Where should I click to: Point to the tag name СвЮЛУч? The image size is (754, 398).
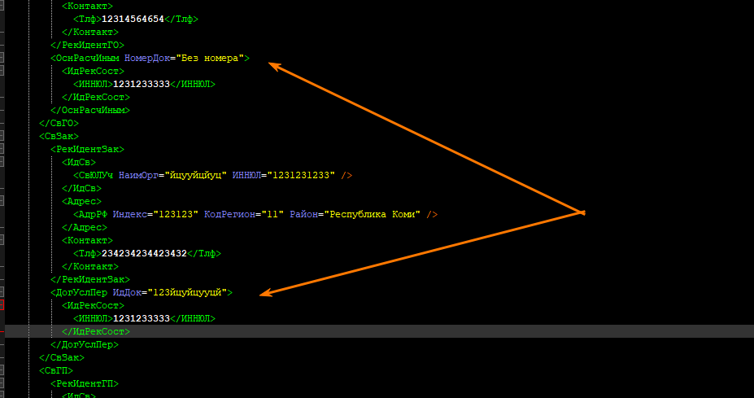click(96, 175)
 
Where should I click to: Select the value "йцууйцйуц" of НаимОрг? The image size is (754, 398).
click(196, 175)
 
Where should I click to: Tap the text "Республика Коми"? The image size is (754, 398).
click(373, 214)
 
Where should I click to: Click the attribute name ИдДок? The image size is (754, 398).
click(129, 292)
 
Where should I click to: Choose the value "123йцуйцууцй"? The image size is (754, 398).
click(190, 292)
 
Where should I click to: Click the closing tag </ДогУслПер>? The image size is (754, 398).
click(84, 344)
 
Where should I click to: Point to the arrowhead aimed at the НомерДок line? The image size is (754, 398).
click(271, 65)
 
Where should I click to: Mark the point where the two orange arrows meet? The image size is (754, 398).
click(583, 212)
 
